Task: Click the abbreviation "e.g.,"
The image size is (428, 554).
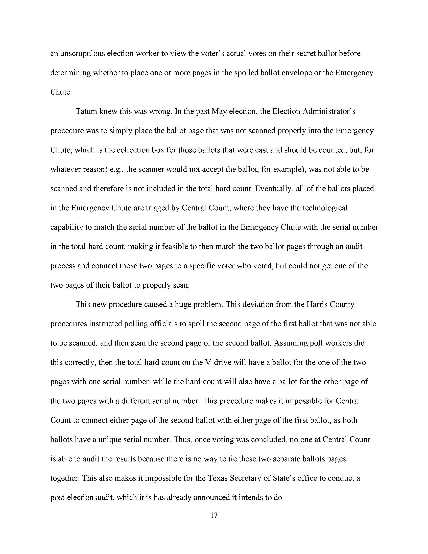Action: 116,169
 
